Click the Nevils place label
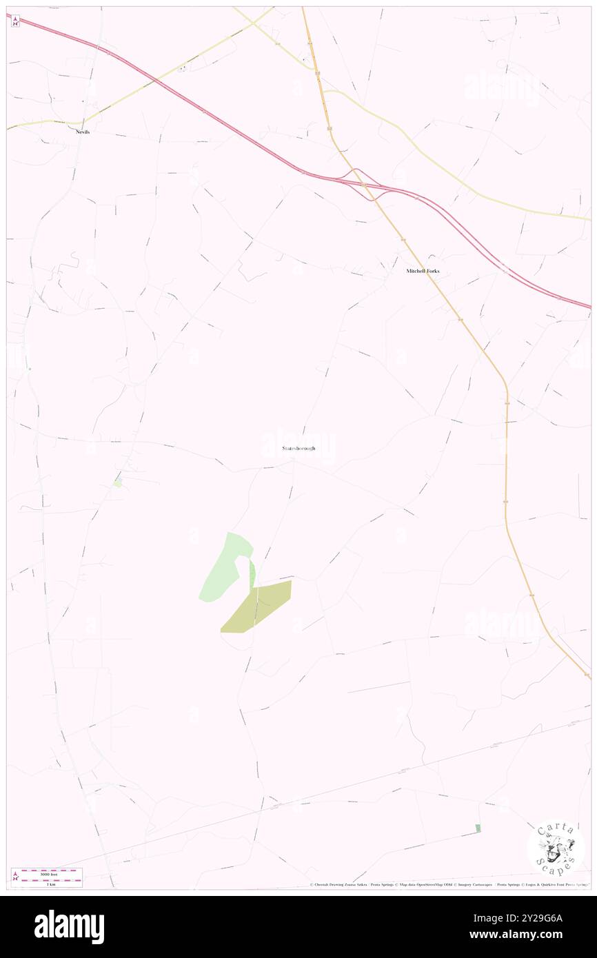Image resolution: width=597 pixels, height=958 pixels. (x=83, y=131)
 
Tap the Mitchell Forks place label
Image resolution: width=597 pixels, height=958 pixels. (x=422, y=271)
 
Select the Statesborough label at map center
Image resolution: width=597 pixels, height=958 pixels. (x=298, y=448)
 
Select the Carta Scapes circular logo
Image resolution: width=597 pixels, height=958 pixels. (x=556, y=847)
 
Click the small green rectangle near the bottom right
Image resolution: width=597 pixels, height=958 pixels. (x=477, y=828)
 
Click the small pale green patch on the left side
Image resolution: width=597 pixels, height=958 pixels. (x=118, y=482)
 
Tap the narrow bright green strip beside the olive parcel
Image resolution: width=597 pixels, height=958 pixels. (x=252, y=573)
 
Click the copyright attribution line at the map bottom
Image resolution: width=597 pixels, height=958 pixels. (x=448, y=885)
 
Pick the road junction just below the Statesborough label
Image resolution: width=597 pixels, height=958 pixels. (x=294, y=462)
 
